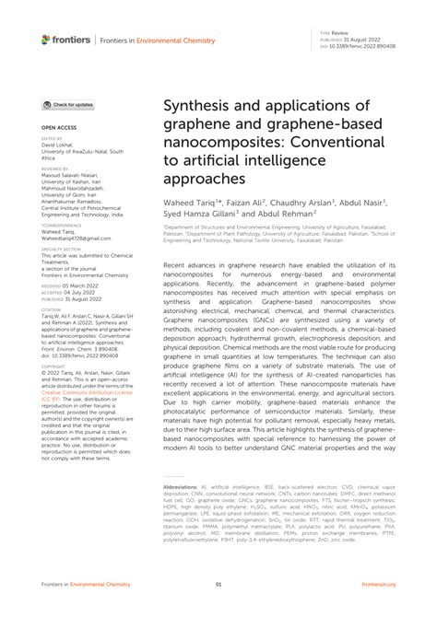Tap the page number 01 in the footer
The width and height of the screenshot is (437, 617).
click(218, 585)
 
